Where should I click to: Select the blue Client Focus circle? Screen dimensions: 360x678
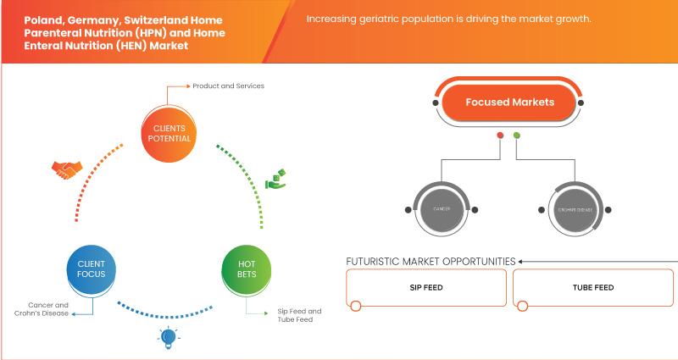click(92, 270)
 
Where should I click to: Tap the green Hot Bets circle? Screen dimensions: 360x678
click(245, 270)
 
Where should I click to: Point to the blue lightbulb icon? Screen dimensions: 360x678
click(166, 338)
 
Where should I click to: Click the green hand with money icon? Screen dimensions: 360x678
click(278, 179)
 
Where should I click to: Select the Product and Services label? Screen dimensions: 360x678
click(228, 86)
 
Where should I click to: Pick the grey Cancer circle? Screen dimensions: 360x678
click(442, 208)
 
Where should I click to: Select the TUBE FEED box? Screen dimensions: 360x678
click(594, 288)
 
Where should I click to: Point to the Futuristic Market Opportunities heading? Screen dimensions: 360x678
click(431, 261)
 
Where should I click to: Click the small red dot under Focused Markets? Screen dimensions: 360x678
click(501, 136)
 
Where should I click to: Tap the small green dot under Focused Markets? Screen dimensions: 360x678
click(517, 136)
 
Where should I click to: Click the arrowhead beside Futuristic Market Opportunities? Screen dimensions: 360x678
click(521, 261)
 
